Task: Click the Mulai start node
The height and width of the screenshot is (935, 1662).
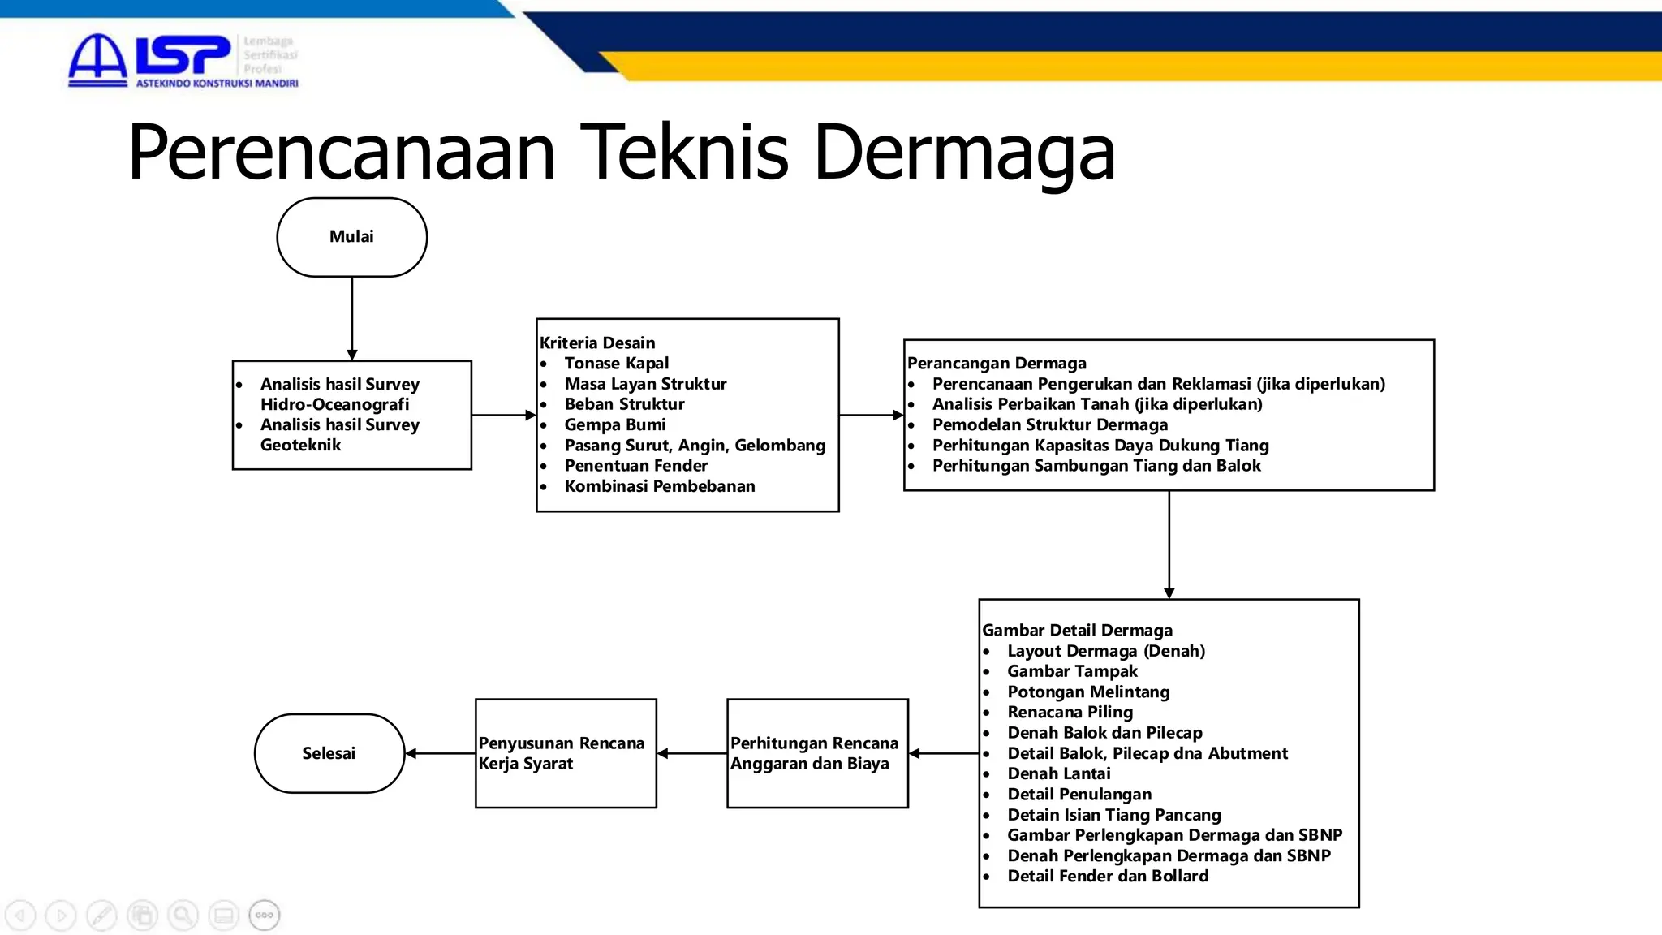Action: pos(351,237)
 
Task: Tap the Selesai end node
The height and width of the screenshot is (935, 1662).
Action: pos(329,753)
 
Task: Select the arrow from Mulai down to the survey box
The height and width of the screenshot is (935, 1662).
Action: pos(352,317)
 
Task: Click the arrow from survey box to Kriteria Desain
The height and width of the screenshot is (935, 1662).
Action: pos(503,415)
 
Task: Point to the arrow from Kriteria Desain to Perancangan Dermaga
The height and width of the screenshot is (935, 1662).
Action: pos(871,415)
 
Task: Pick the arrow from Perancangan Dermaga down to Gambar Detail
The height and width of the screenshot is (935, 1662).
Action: pos(1169,544)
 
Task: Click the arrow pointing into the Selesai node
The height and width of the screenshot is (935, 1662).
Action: pos(440,753)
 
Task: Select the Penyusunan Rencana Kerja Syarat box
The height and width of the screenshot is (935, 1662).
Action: pos(566,753)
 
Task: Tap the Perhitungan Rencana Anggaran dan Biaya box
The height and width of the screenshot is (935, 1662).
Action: pos(817,753)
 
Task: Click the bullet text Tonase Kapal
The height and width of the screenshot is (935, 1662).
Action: pos(617,363)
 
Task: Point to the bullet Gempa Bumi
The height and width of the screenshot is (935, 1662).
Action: pos(615,424)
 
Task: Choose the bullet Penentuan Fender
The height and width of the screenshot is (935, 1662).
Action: pos(636,466)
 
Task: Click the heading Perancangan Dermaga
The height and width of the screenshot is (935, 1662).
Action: pos(997,363)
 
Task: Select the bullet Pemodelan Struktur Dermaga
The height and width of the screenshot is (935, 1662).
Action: pos(1050,424)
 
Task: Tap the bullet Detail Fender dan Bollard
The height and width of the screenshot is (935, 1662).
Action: pos(1108,876)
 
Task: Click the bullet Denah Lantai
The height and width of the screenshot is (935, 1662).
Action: pos(1059,773)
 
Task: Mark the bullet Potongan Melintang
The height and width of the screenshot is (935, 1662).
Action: pos(1088,692)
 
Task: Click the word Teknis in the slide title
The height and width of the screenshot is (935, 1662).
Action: pos(686,152)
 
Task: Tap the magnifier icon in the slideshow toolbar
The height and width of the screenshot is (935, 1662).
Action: pos(183,916)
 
